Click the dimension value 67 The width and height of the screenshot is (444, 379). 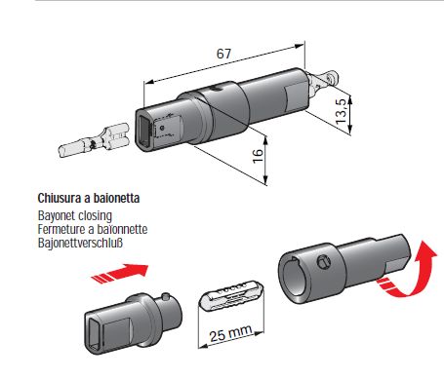tap(223, 54)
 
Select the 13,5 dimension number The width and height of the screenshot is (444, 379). tap(342, 112)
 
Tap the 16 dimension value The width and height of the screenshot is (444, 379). tap(258, 156)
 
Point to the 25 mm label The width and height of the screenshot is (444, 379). tap(230, 333)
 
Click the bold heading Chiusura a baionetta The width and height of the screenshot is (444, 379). tap(89, 198)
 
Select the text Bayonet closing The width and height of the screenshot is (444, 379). tap(75, 215)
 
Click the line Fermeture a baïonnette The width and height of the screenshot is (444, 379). tap(93, 229)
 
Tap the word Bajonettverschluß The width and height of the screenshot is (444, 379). tap(80, 243)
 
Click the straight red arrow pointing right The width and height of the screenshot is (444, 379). tap(120, 274)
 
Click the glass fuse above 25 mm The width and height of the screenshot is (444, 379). tap(231, 295)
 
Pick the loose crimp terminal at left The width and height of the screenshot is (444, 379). tap(94, 139)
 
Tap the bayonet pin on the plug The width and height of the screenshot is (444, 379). tap(166, 296)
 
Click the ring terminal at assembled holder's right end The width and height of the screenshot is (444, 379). tap(325, 81)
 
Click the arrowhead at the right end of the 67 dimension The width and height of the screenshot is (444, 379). tap(301, 46)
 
